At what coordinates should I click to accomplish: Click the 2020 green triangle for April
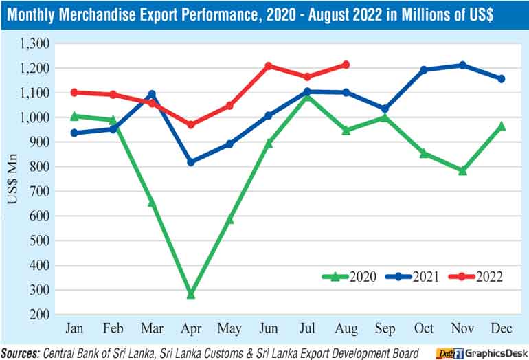click(x=191, y=294)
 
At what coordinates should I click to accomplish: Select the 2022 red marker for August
click(x=346, y=65)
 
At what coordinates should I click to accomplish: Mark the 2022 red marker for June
click(x=269, y=66)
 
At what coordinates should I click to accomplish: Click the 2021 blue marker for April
click(x=191, y=162)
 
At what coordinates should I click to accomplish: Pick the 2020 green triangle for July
click(x=307, y=96)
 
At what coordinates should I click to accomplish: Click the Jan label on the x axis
click(x=74, y=328)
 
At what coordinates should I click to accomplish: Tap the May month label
click(x=230, y=328)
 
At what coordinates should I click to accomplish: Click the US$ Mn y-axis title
click(x=14, y=180)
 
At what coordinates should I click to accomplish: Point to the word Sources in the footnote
click(x=20, y=352)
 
